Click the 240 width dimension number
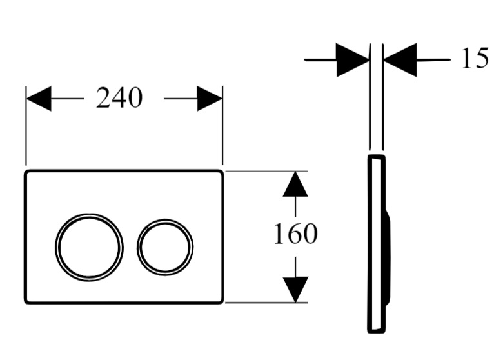click(119, 98)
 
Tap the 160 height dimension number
click(295, 234)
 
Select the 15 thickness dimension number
click(475, 58)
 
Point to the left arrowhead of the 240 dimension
click(39, 99)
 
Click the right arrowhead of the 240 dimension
click(210, 99)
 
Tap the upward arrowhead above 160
click(295, 184)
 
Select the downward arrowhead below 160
click(295, 290)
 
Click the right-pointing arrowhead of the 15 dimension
click(353, 60)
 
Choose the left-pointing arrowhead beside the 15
click(400, 60)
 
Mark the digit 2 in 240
click(103, 98)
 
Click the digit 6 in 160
click(295, 234)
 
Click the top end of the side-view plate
click(376, 157)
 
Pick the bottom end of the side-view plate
click(376, 332)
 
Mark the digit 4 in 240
click(119, 98)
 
